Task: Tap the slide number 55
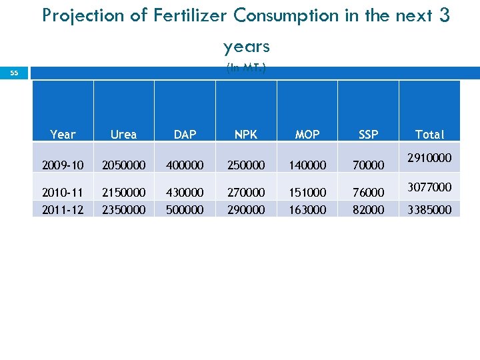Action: pyautogui.click(x=14, y=73)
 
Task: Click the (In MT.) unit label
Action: pyautogui.click(x=246, y=67)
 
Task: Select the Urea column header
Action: pyautogui.click(x=123, y=135)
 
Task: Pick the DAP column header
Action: pyautogui.click(x=185, y=135)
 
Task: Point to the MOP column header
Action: pyautogui.click(x=307, y=135)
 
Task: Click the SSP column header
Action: pyautogui.click(x=368, y=135)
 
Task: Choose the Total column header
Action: pyautogui.click(x=429, y=135)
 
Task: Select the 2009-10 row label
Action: pyautogui.click(x=63, y=165)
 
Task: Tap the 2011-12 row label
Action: pyautogui.click(x=63, y=209)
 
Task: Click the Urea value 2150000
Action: pyautogui.click(x=123, y=192)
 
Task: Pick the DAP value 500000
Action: pyautogui.click(x=185, y=209)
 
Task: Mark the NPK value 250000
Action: pyautogui.click(x=246, y=165)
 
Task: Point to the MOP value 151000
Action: pyautogui.click(x=307, y=192)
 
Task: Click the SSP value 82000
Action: pyautogui.click(x=368, y=209)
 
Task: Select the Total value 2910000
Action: pyautogui.click(x=429, y=158)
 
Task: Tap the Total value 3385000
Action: pyautogui.click(x=429, y=209)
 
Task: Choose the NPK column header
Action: pyautogui.click(x=246, y=135)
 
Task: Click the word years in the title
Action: pyautogui.click(x=246, y=47)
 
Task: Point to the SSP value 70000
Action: pyautogui.click(x=368, y=165)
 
